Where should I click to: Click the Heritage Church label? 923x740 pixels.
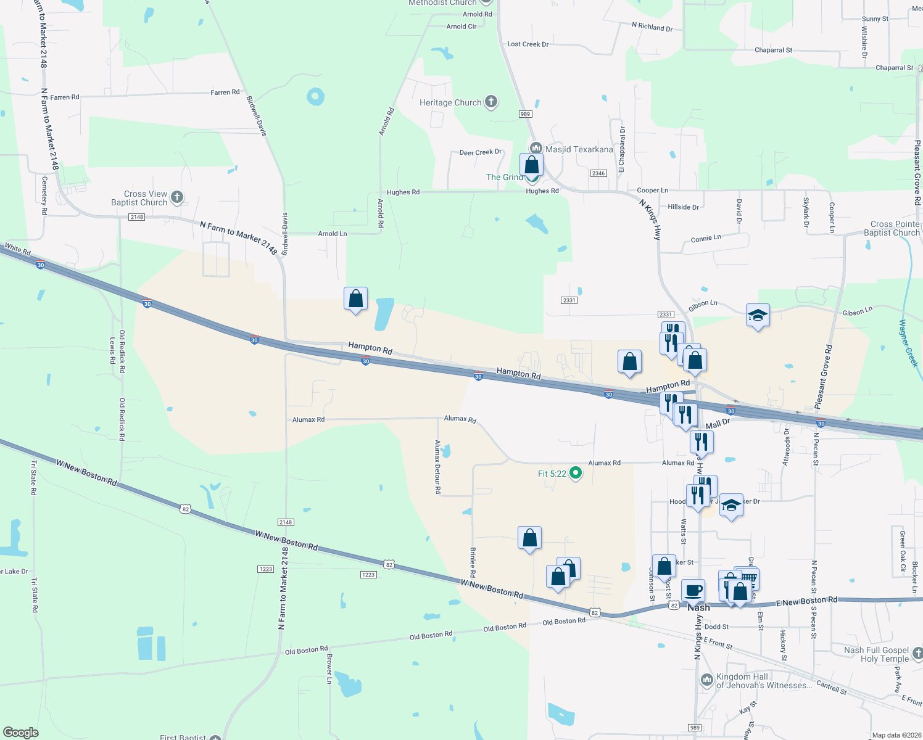tap(450, 102)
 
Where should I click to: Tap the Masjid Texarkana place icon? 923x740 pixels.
tap(536, 148)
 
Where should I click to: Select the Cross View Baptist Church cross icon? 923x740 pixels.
tap(177, 197)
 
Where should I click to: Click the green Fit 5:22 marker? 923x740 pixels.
tap(576, 473)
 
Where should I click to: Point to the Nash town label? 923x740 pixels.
tap(699, 607)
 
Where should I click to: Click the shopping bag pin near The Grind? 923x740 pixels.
tap(531, 165)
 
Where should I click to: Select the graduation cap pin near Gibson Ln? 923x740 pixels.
tap(758, 316)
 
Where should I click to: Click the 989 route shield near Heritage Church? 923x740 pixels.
tap(525, 114)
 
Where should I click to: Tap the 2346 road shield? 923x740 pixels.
tap(598, 173)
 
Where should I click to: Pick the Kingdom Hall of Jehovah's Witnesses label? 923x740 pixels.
tap(764, 681)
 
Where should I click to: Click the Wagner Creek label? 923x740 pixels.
tap(908, 343)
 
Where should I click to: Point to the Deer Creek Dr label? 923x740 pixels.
tap(480, 152)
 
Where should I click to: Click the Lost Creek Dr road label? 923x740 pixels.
tap(528, 44)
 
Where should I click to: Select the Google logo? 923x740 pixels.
tap(21, 733)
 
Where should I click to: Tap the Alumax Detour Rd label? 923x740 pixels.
tap(438, 467)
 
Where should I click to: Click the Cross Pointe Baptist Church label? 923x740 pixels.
tap(895, 228)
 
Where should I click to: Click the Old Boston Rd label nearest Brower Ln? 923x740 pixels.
tap(306, 650)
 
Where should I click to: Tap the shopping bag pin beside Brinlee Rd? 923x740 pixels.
tap(529, 538)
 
